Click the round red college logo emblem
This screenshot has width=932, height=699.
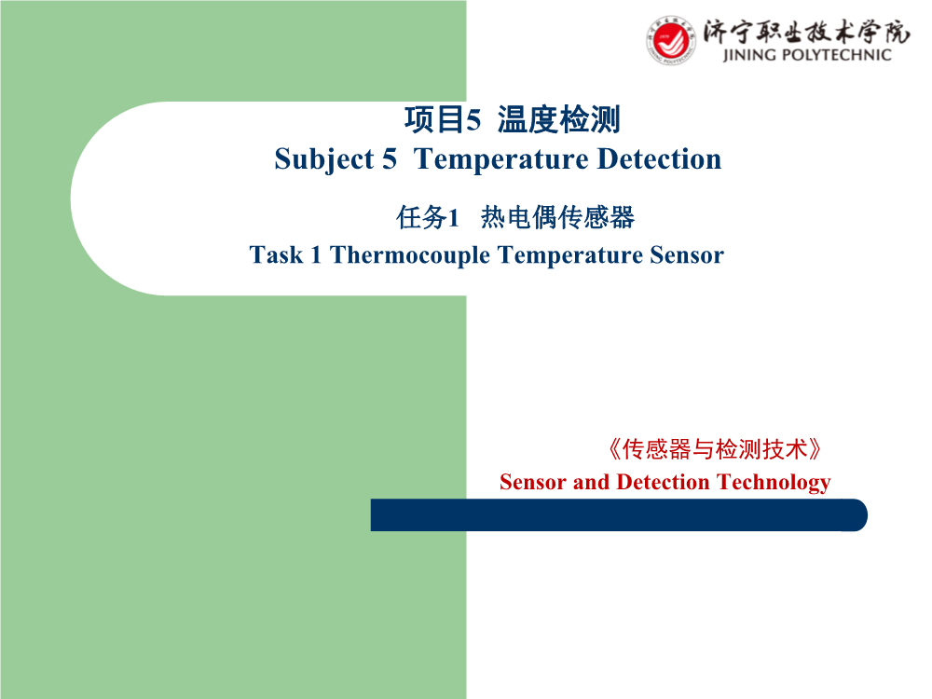pyautogui.click(x=670, y=40)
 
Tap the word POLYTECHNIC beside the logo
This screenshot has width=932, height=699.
pyautogui.click(x=838, y=55)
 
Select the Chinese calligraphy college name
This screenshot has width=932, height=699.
pyautogui.click(x=806, y=32)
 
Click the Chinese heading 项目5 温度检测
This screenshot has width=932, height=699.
pyautogui.click(x=513, y=119)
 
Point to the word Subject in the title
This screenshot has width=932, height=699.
pyautogui.click(x=324, y=160)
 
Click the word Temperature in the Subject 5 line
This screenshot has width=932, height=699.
pyautogui.click(x=501, y=159)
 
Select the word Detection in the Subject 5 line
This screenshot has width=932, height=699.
pyautogui.click(x=659, y=158)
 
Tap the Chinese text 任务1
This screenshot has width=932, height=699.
pyautogui.click(x=428, y=217)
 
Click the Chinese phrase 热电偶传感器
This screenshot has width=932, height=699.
pyautogui.click(x=557, y=217)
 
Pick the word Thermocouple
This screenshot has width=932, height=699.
pyautogui.click(x=410, y=255)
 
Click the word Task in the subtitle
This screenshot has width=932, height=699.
pyautogui.click(x=277, y=254)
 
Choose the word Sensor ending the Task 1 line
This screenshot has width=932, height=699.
pyautogui.click(x=687, y=254)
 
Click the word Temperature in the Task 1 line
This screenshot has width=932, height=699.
pyautogui.click(x=570, y=255)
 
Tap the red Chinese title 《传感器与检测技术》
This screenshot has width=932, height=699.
pyautogui.click(x=715, y=449)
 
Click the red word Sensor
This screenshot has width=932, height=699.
pyautogui.click(x=533, y=482)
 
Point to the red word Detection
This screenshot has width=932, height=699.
pyautogui.click(x=664, y=482)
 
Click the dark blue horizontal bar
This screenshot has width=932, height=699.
pyautogui.click(x=619, y=514)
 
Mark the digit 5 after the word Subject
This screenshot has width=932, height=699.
pyautogui.click(x=390, y=159)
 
